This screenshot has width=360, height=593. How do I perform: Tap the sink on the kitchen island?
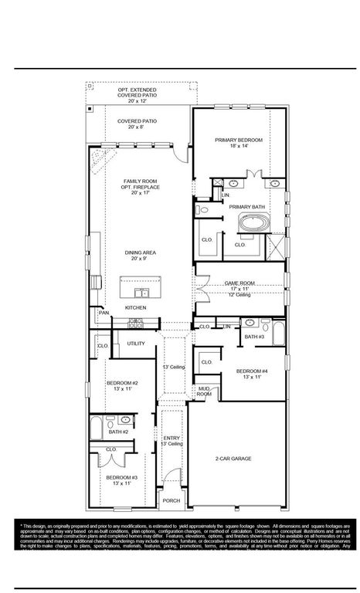[141, 293]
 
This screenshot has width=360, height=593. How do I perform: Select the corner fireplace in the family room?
[99, 163]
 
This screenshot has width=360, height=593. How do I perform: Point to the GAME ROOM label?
[239, 283]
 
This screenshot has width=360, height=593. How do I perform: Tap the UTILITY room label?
[136, 343]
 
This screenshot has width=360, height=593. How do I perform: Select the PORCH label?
[171, 500]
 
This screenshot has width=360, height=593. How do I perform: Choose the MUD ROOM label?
[204, 391]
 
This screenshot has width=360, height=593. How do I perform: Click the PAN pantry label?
[103, 313]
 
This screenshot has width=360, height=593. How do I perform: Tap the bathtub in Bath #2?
[99, 428]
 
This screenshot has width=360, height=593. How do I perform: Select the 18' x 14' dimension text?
[239, 146]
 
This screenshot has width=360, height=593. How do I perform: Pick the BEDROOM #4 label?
[252, 371]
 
